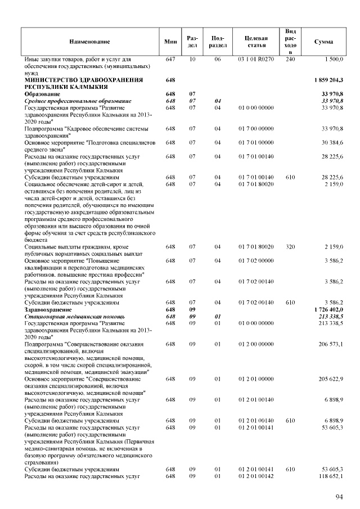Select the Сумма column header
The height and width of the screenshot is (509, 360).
pyautogui.click(x=323, y=42)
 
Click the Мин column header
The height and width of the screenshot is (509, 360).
pyautogui.click(x=170, y=42)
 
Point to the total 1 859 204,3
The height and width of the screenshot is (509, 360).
pyautogui.click(x=327, y=80)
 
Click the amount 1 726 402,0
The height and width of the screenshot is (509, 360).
pyautogui.click(x=327, y=310)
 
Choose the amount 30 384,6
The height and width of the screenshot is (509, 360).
pyautogui.click(x=332, y=143)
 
